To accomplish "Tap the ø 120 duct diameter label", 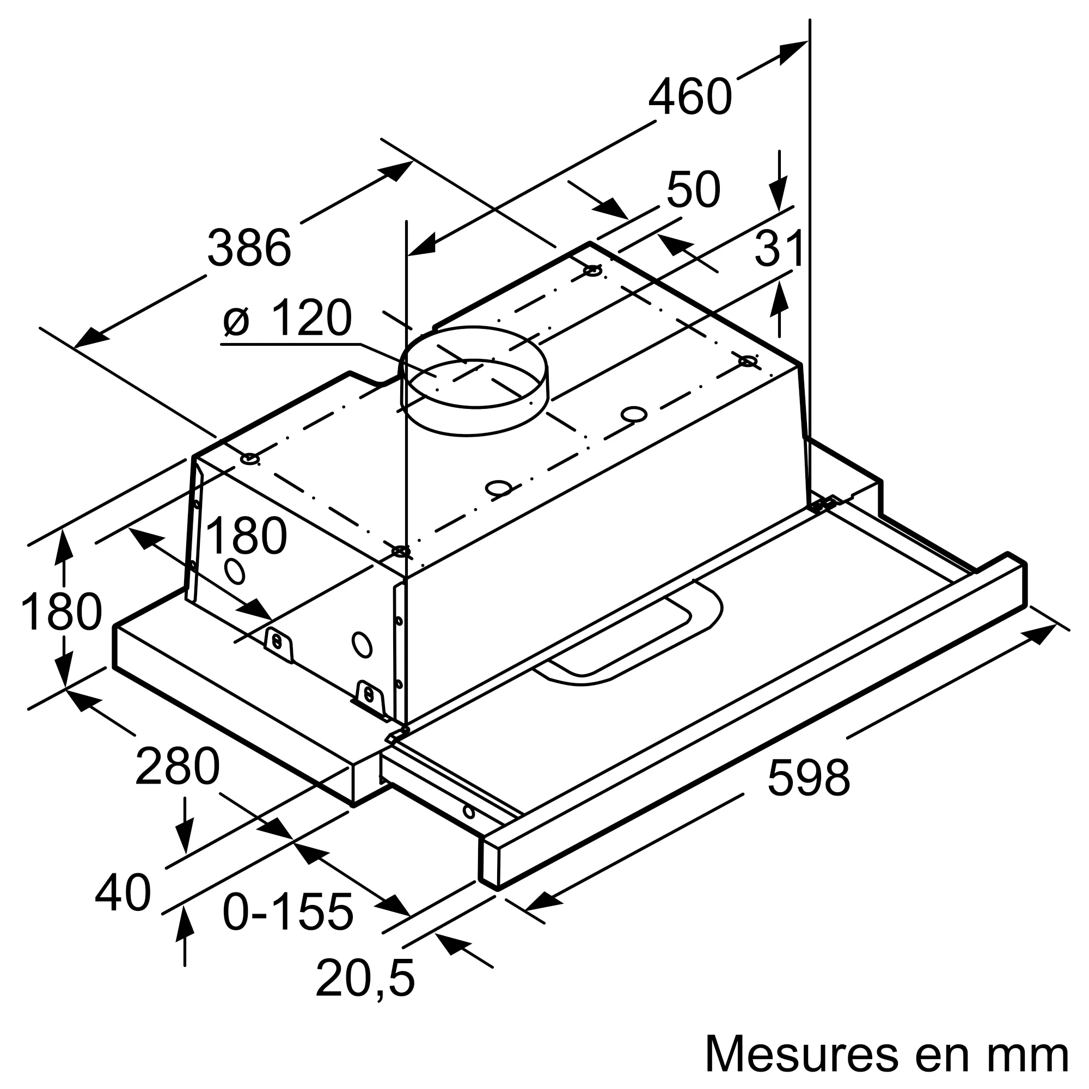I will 287,318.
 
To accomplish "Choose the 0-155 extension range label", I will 287,911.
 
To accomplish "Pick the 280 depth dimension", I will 177,766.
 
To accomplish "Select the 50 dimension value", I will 693,190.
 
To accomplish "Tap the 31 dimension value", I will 779,249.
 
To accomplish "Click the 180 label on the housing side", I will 246,537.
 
